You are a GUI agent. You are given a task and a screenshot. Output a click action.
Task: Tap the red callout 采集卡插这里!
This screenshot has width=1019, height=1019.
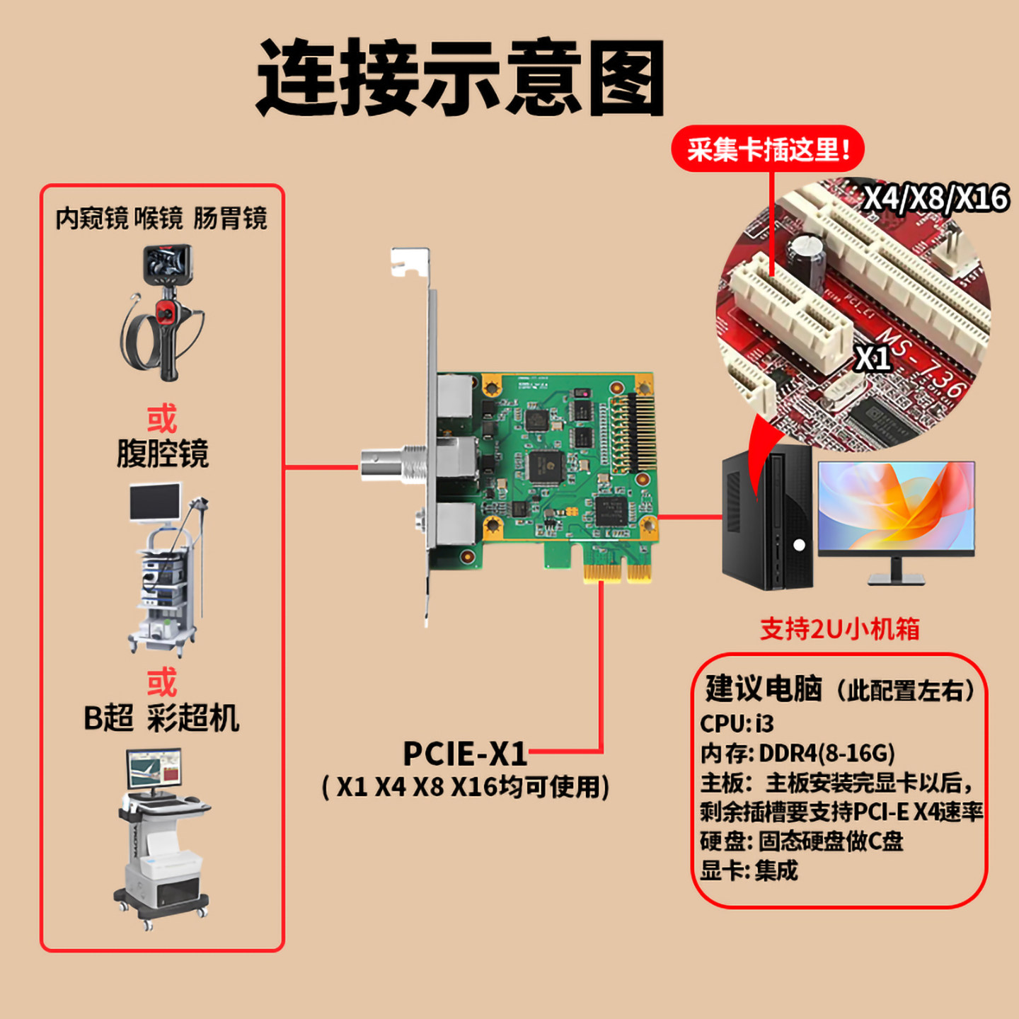tap(768, 149)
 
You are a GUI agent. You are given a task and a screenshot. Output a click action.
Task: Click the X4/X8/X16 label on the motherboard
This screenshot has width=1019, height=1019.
tap(935, 197)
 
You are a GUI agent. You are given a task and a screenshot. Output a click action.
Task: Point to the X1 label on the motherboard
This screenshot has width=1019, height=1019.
tap(873, 358)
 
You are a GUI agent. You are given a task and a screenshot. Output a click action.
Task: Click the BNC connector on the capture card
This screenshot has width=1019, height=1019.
tap(393, 464)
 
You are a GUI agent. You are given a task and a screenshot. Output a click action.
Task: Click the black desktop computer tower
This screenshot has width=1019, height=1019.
tap(767, 520)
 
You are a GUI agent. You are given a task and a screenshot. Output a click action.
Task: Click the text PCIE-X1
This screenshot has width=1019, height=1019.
tap(465, 754)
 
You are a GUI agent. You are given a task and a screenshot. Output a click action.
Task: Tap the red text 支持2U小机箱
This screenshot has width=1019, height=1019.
tap(839, 628)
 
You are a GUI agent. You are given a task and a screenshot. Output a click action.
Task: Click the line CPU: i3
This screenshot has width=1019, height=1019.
tap(737, 723)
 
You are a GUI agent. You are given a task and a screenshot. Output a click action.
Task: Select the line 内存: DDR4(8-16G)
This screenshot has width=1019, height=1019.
tap(798, 753)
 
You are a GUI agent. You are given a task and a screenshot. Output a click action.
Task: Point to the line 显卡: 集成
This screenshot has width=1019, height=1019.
tap(749, 870)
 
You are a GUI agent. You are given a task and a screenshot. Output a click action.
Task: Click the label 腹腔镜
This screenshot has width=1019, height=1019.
tap(162, 454)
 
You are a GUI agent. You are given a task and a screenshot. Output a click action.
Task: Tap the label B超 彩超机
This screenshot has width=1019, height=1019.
tap(161, 718)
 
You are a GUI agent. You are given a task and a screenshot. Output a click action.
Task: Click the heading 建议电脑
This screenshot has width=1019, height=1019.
tap(764, 689)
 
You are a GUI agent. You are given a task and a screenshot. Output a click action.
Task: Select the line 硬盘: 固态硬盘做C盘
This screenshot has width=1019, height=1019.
tap(801, 841)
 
